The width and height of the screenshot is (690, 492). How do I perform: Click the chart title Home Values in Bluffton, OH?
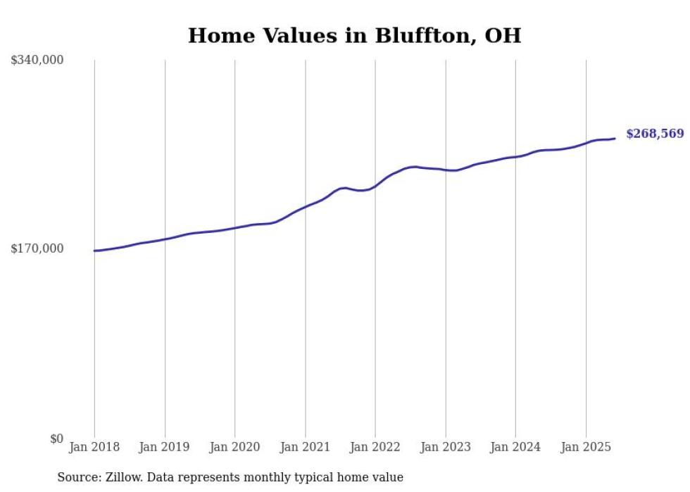pyautogui.click(x=354, y=35)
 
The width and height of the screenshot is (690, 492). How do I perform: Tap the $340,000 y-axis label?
pyautogui.click(x=37, y=61)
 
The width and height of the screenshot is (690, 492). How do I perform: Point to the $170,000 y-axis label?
pyautogui.click(x=37, y=248)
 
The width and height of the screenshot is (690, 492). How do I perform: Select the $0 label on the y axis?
pyautogui.click(x=56, y=439)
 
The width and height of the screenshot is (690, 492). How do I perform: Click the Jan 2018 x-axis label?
pyautogui.click(x=94, y=447)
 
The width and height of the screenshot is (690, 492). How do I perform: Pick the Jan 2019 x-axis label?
pyautogui.click(x=165, y=447)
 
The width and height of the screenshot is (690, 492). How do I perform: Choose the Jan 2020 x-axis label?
pyautogui.click(x=234, y=447)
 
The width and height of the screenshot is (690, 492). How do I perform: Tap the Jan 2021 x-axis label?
pyautogui.click(x=305, y=447)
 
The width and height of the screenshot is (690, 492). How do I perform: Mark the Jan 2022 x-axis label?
pyautogui.click(x=375, y=447)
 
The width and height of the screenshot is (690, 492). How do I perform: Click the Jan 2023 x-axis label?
pyautogui.click(x=445, y=447)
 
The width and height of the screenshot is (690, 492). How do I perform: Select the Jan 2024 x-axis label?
pyautogui.click(x=515, y=447)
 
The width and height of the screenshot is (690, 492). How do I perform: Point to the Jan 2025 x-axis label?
pyautogui.click(x=586, y=447)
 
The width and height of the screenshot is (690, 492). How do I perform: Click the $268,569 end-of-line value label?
pyautogui.click(x=654, y=134)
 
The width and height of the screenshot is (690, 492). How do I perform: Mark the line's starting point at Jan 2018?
pyautogui.click(x=94, y=251)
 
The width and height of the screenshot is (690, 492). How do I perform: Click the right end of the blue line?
pyautogui.click(x=615, y=138)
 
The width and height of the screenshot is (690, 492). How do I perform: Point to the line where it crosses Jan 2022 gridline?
pyautogui.click(x=375, y=186)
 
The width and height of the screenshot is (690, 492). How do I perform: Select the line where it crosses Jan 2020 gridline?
pyautogui.click(x=234, y=228)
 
